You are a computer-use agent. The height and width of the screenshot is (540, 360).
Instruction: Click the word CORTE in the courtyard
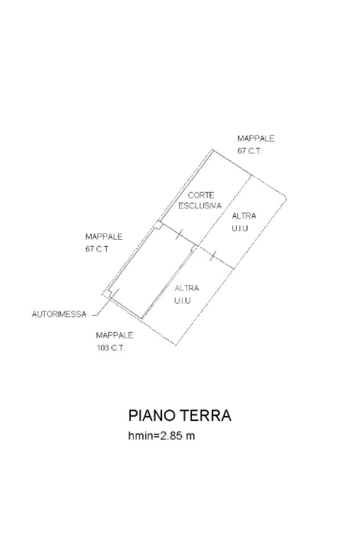(201, 195)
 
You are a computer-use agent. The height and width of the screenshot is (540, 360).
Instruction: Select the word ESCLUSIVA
(200, 206)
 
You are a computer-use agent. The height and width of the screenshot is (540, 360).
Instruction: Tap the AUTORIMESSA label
(59, 314)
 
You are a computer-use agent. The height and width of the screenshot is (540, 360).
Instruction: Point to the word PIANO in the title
(152, 416)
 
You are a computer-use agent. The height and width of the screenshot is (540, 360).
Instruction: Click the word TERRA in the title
(207, 416)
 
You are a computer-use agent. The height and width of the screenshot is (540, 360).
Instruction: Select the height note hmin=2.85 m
(161, 436)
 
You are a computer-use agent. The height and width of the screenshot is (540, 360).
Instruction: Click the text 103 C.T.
(110, 348)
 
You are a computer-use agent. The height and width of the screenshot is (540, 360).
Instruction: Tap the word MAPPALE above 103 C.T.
(114, 335)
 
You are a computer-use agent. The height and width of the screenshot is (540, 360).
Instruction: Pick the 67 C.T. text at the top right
(249, 151)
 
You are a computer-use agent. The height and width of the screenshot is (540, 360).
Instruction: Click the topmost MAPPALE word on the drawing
(256, 139)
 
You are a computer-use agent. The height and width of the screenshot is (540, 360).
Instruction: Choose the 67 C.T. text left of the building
(98, 249)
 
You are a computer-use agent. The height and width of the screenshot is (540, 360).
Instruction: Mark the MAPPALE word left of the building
(104, 237)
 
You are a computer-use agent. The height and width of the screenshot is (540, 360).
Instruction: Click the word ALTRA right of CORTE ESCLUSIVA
(244, 216)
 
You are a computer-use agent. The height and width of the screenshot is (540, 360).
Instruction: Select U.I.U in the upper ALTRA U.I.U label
(240, 228)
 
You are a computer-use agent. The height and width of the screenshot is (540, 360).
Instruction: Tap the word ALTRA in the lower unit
(187, 288)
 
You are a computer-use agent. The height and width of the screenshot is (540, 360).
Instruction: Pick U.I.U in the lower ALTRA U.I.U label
(182, 301)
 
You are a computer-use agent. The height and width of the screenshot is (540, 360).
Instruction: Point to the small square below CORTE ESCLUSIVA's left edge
(158, 226)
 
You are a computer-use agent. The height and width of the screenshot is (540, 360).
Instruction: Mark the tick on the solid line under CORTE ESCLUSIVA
(179, 234)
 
